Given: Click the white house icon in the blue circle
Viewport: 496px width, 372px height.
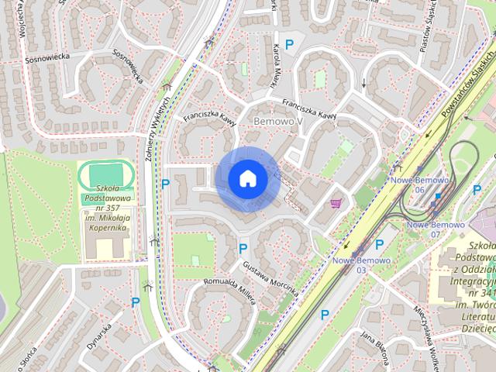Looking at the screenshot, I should (x=248, y=179).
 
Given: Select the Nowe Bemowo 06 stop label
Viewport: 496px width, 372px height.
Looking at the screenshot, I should (x=418, y=184).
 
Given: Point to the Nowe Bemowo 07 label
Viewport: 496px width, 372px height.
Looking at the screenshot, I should (x=435, y=229).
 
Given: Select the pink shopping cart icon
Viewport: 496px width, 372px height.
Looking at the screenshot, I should (x=336, y=204).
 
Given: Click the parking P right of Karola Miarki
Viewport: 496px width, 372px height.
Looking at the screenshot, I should (x=289, y=45).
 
